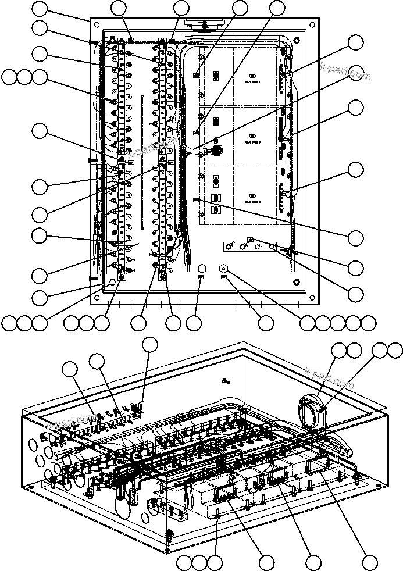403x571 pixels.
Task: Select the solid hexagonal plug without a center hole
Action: coord(201,269)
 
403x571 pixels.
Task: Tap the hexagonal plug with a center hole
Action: coord(223,269)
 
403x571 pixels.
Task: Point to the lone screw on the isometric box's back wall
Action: coord(227,381)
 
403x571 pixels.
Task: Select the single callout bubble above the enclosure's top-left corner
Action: coord(40,9)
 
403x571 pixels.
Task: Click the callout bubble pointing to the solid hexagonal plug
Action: coord(194,323)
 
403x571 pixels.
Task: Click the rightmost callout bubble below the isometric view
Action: coord(369,562)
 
